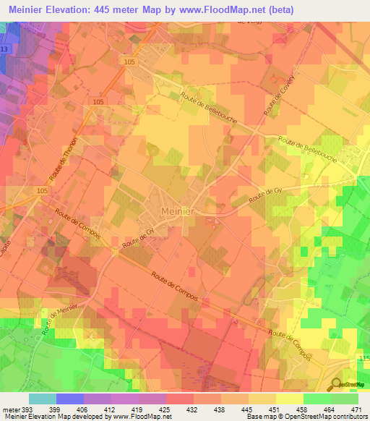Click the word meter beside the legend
[9, 409]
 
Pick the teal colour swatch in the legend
[42, 399]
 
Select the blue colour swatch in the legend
[69, 399]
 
